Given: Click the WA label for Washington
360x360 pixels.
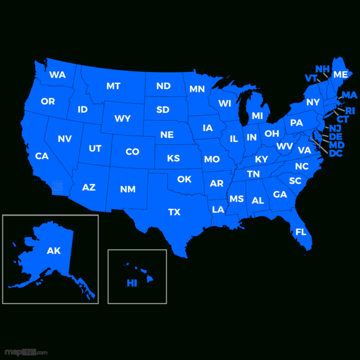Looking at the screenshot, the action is click(57, 75).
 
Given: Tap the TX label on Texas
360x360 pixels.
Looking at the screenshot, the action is click(174, 212).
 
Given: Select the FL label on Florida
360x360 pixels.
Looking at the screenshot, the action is click(301, 231).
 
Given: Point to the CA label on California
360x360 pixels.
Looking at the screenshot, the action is click(42, 156).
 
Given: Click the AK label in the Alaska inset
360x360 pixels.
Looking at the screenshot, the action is click(53, 251).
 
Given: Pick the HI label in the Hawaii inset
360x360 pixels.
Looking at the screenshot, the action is click(132, 283).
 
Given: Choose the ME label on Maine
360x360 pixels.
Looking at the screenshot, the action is click(340, 75).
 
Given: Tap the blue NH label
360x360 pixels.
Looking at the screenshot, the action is click(322, 69).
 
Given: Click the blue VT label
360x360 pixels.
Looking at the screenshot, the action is click(311, 78).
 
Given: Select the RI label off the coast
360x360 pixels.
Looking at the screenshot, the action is click(350, 111).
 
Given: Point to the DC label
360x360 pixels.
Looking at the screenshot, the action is click(336, 153).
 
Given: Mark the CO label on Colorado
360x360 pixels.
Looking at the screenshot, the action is click(133, 152).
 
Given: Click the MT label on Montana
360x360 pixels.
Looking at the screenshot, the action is click(113, 86).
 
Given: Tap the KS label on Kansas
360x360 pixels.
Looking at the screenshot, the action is click(174, 158).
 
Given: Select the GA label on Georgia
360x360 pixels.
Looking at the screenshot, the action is click(280, 194).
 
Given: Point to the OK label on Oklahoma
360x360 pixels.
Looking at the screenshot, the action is click(184, 179).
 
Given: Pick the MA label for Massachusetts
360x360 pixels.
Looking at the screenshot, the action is click(349, 95).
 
